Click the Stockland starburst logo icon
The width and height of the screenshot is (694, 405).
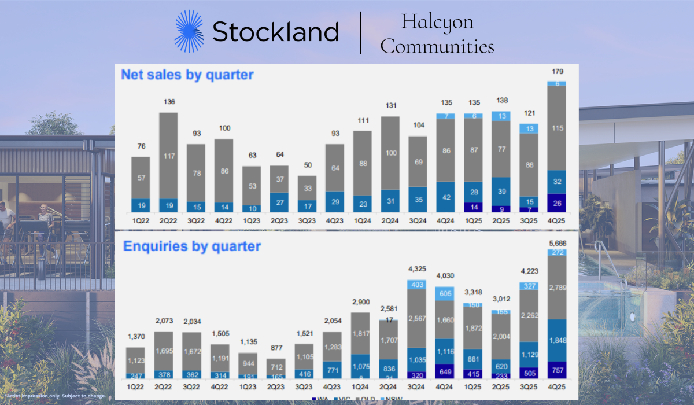tap(190, 31)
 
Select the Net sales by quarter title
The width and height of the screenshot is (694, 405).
tap(187, 75)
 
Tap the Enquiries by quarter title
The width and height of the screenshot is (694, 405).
tap(191, 246)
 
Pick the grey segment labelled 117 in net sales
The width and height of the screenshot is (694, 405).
tap(168, 156)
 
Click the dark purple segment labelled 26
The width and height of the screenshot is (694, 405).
tap(556, 203)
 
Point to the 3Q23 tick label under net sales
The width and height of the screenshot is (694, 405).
tap(307, 220)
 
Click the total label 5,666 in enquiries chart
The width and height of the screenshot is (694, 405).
tap(556, 244)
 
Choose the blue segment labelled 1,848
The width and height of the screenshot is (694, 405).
tap(556, 340)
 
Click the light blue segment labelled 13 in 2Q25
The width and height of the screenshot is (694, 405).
tap(501, 116)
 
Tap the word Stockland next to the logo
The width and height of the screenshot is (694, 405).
tap(275, 32)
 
